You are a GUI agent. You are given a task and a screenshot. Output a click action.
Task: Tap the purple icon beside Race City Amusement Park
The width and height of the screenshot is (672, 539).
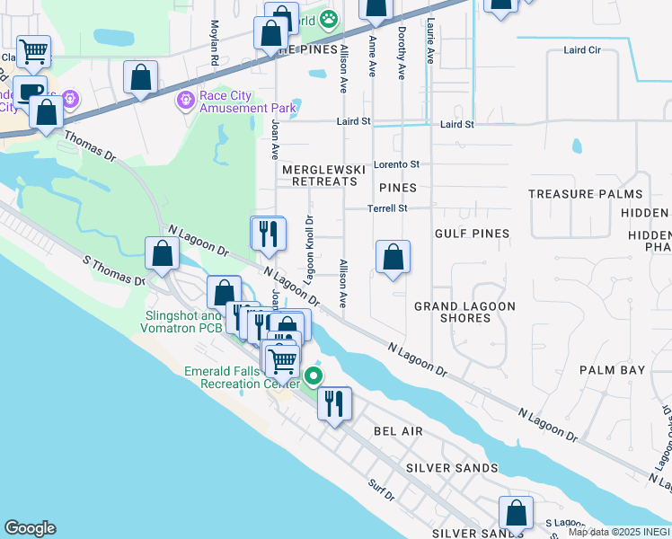[x=186, y=100]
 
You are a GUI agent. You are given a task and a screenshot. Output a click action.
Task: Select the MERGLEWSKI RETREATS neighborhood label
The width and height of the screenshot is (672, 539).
[x=320, y=175]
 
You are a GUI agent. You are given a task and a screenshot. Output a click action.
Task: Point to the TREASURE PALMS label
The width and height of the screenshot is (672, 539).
[x=585, y=194]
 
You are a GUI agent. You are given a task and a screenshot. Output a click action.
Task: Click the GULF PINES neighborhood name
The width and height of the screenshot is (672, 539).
[x=472, y=234]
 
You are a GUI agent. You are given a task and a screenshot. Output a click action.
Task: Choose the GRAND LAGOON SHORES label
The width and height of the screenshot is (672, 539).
[x=464, y=312]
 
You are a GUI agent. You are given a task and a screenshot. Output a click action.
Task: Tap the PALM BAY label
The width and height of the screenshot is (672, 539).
[x=613, y=370]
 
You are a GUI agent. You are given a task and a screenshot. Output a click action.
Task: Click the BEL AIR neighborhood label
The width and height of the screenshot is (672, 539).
[x=400, y=432]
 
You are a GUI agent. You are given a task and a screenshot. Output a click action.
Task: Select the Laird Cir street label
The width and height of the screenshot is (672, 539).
[x=582, y=51]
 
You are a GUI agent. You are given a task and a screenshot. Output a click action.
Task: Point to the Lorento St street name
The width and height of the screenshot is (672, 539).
[x=397, y=164]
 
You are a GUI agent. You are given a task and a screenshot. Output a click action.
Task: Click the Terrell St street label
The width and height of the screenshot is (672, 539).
[x=387, y=208]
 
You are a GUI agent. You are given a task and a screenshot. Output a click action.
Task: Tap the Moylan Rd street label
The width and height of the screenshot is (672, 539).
[x=215, y=44]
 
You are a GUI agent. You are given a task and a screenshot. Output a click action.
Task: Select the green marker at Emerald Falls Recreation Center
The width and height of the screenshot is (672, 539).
[x=314, y=376]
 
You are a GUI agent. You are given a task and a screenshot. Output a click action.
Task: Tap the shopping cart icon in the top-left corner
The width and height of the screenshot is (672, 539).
[x=34, y=52]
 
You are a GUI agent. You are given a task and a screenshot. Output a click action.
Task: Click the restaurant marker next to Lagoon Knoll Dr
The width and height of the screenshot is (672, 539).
[x=268, y=234]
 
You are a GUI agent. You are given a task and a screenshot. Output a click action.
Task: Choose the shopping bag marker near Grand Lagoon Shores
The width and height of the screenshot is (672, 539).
[x=393, y=258]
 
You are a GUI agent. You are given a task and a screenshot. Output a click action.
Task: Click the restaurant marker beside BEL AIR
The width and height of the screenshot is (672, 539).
[x=334, y=402]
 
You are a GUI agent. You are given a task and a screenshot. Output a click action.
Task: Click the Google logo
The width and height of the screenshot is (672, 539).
[x=30, y=528]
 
